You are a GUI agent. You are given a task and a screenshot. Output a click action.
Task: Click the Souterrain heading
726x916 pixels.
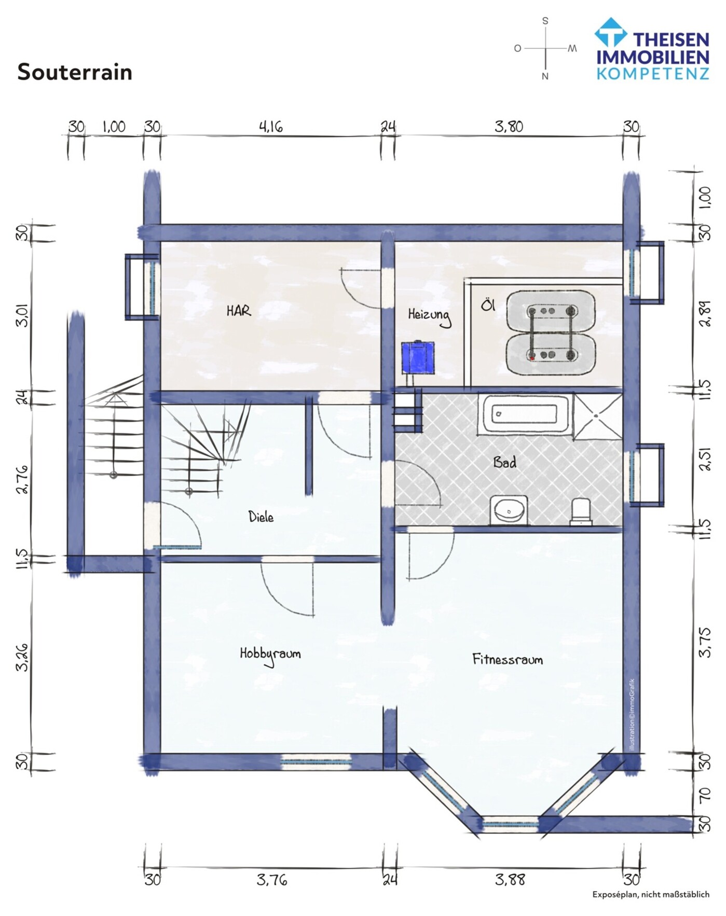coord(75,72)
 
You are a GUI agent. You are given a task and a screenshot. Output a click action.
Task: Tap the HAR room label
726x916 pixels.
coord(239,311)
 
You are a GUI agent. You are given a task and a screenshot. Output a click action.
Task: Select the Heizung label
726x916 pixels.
coord(429,316)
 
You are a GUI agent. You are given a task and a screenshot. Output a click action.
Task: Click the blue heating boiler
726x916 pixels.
coord(419,357)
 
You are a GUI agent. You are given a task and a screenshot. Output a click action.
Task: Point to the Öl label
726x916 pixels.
coord(488,304)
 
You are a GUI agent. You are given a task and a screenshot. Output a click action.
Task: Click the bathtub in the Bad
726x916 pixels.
coord(524,413)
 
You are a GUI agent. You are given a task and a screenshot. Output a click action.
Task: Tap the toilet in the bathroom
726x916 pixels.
coord(581,511)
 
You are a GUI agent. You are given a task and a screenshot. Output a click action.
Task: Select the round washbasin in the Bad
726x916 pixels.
coord(509,509)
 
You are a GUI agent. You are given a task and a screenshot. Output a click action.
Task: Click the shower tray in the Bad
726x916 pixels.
coord(597,417)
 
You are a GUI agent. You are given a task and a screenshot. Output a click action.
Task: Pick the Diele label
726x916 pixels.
coord(261,517)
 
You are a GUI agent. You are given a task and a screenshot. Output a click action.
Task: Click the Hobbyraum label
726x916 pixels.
coord(270,655)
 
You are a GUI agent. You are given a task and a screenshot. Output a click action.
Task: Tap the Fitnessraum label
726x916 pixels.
coord(508,659)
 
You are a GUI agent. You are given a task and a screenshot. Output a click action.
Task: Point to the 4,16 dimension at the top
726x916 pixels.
coord(271,127)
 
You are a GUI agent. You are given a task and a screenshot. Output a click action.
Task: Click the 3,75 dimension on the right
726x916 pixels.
coord(705,642)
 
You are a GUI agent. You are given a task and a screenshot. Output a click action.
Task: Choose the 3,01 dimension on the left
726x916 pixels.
coord(23,314)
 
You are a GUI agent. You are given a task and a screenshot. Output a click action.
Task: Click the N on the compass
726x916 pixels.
coord(545,76)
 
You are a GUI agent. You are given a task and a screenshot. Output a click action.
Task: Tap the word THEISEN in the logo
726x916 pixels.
coord(671,39)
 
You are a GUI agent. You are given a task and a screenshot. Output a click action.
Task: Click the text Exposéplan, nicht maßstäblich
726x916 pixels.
coord(651,894)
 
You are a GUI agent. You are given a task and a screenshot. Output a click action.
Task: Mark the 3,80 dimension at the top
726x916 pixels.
coord(509,127)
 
